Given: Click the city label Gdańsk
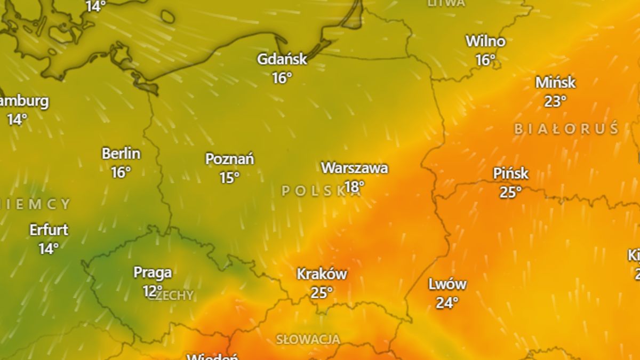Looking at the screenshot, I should [x=282, y=59].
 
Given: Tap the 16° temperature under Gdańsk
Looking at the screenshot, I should [x=282, y=78].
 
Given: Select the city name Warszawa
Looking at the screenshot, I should [x=355, y=168].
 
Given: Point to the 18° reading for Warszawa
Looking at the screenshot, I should [x=355, y=187].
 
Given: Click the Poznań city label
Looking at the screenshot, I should [x=230, y=159].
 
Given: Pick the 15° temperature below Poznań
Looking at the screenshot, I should [x=230, y=178].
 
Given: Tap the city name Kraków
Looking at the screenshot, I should [x=322, y=274].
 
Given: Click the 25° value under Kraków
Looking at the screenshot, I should [x=322, y=293].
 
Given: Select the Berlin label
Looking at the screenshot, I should [x=121, y=154].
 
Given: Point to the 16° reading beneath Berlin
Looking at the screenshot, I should [x=121, y=172].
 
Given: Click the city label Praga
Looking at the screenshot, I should [x=153, y=273].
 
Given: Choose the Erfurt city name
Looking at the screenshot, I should [x=49, y=230].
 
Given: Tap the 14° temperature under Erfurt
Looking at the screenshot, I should [x=49, y=249].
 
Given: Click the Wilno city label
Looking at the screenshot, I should [x=485, y=41].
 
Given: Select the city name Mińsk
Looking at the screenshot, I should [x=556, y=83].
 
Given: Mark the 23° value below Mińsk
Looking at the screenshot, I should [x=556, y=101].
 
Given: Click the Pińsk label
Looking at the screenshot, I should [x=510, y=173].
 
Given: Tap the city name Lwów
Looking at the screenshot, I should [x=447, y=284].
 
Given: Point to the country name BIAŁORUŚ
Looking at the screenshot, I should [x=566, y=129].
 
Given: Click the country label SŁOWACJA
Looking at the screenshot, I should [x=308, y=339].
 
